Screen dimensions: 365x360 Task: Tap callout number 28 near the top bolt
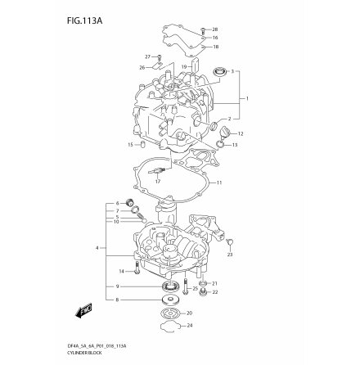coord(215,29)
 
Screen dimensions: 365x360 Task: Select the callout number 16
coord(215,38)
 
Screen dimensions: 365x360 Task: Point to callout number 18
coord(215,47)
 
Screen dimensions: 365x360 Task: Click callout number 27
coord(148,56)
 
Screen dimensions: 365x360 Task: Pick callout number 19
coord(186,65)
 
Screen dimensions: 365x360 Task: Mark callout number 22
coord(214,292)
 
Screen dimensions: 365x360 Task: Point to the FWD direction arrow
coord(83,309)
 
